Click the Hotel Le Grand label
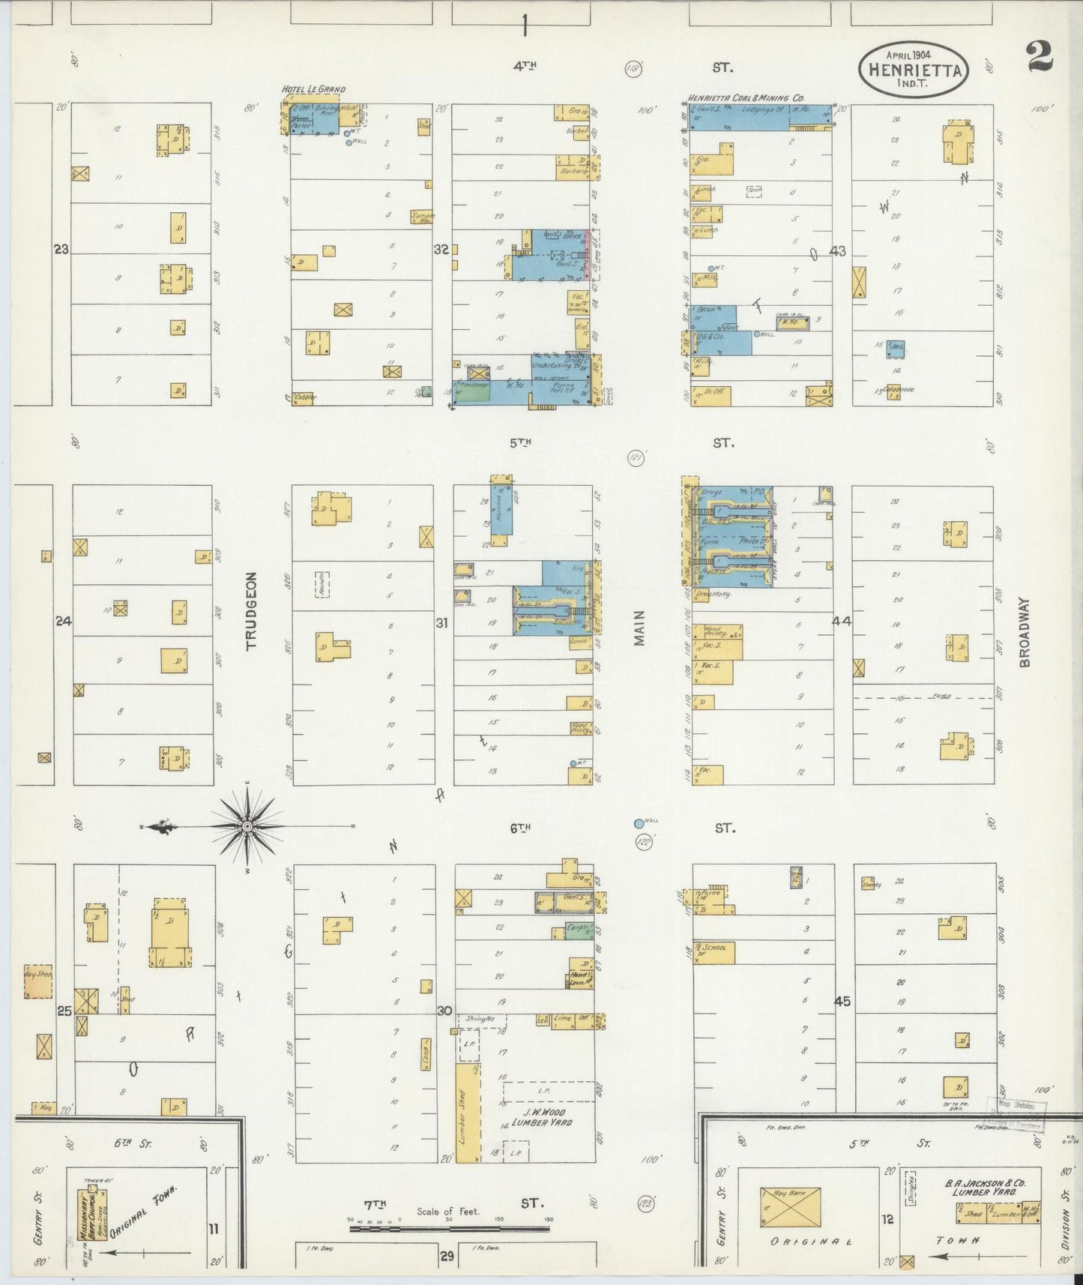point(313,89)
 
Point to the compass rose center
point(247,826)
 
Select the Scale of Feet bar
point(450,1229)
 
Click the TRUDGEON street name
point(251,610)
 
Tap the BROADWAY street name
point(1025,631)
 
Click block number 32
point(441,250)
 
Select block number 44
point(842,621)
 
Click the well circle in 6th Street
point(639,823)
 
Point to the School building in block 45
point(714,952)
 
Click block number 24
point(63,621)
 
